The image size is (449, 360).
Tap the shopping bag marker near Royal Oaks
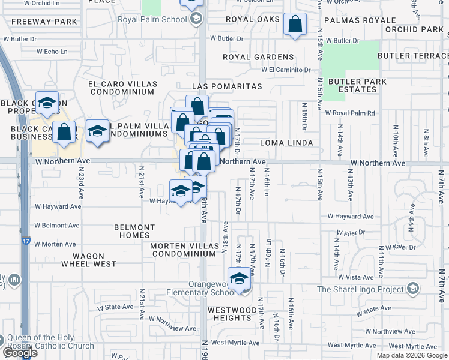[x=295, y=25]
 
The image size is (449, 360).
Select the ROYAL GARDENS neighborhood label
[x=258, y=58]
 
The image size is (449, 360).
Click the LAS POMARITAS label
[x=227, y=87]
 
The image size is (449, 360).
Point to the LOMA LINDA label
[x=287, y=143]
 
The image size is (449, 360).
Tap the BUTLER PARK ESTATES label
[x=352, y=86]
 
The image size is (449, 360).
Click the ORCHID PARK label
[x=414, y=29]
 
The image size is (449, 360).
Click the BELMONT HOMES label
[x=134, y=232]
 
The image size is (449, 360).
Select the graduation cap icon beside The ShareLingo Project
[x=412, y=289]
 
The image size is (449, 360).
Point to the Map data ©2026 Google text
[x=411, y=355]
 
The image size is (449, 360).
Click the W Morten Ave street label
[x=55, y=244]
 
